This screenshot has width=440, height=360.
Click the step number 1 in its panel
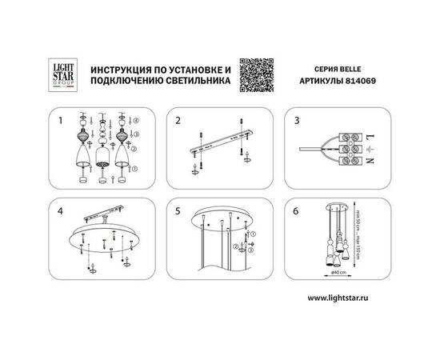[x=59, y=123]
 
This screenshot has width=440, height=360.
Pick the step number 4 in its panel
[x=59, y=213]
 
